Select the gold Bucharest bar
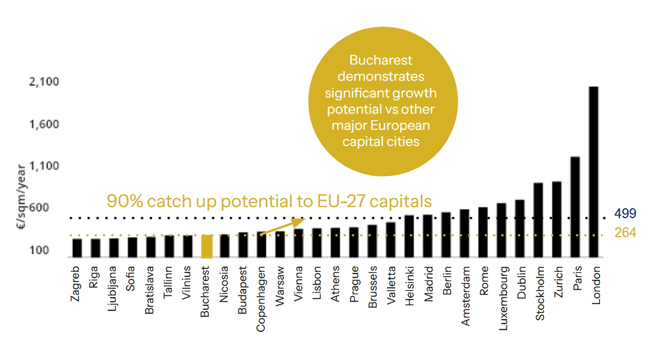206,246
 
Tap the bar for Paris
574,207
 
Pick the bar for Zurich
556,220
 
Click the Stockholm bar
538,220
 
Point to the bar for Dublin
520,229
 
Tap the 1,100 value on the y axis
43,166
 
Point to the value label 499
625,213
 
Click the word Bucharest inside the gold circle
380,61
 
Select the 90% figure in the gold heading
125,201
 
